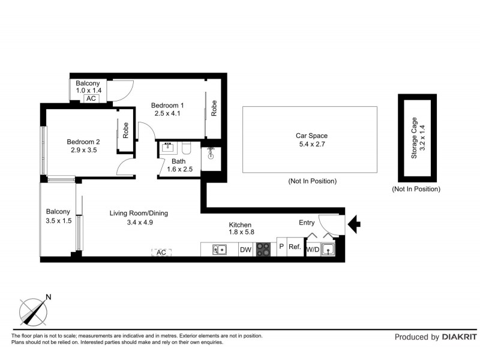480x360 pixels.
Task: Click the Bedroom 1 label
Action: coord(167,106)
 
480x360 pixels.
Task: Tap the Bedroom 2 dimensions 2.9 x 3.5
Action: coord(83,151)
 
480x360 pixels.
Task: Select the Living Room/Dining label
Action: coord(139,213)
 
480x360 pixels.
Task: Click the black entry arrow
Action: coord(355,225)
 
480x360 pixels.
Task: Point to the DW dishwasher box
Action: coord(245,250)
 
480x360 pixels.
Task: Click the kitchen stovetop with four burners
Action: coord(263,250)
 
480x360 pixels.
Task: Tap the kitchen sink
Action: coord(220,250)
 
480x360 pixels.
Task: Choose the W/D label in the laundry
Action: coord(313,250)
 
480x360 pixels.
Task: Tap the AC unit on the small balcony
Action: coord(91,98)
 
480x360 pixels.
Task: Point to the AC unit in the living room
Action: coord(161,253)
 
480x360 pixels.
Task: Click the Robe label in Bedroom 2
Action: coord(126,130)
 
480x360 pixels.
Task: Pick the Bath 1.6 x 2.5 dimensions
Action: coord(179,170)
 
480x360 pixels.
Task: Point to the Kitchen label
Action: coord(240,224)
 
